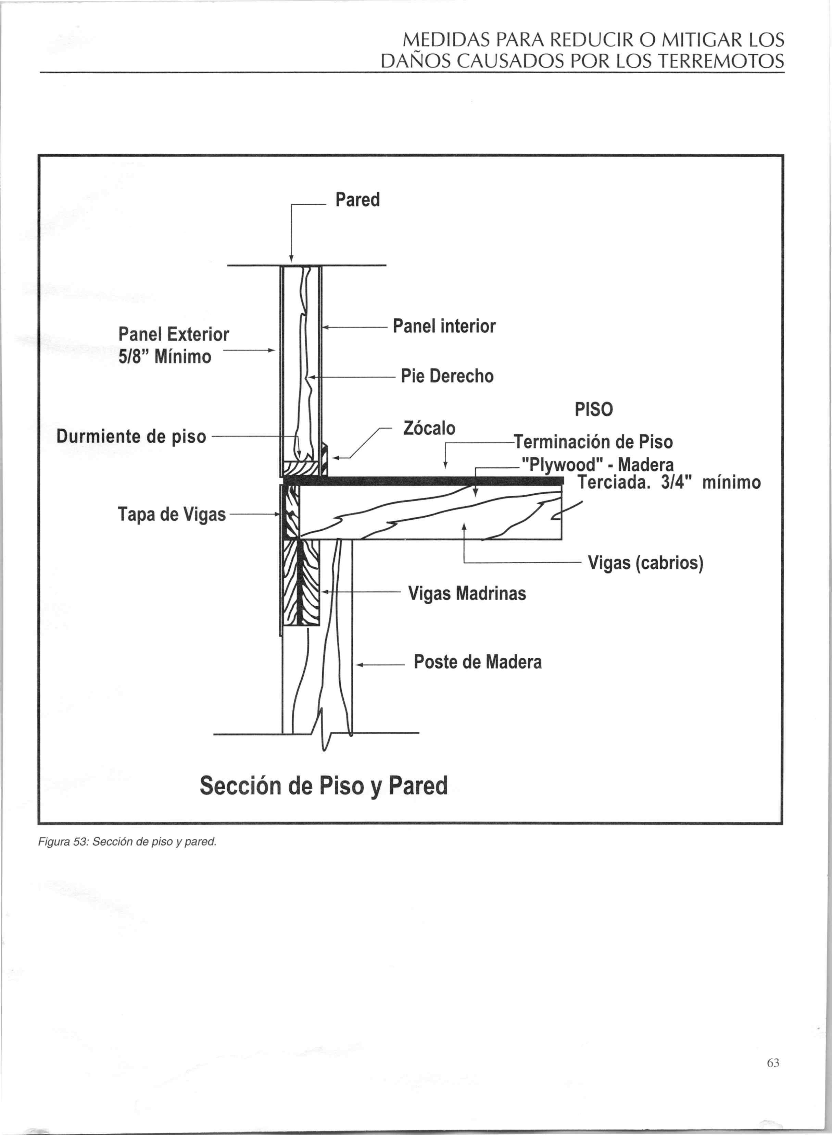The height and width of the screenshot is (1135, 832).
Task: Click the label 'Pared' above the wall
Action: (x=357, y=200)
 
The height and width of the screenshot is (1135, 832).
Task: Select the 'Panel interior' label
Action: (x=444, y=326)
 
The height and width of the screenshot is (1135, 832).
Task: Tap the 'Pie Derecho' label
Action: (x=447, y=376)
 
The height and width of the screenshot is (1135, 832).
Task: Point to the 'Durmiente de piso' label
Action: (x=131, y=436)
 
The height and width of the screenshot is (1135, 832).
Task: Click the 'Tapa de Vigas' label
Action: (x=172, y=514)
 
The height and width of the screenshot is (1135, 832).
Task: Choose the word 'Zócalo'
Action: (x=429, y=428)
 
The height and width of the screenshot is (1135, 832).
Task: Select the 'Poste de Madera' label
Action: (x=477, y=662)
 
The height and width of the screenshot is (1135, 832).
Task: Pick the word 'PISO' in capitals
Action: (x=594, y=410)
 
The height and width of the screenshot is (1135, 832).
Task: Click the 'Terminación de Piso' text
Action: (x=593, y=442)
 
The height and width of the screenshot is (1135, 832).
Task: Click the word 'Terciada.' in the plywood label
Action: (x=613, y=483)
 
